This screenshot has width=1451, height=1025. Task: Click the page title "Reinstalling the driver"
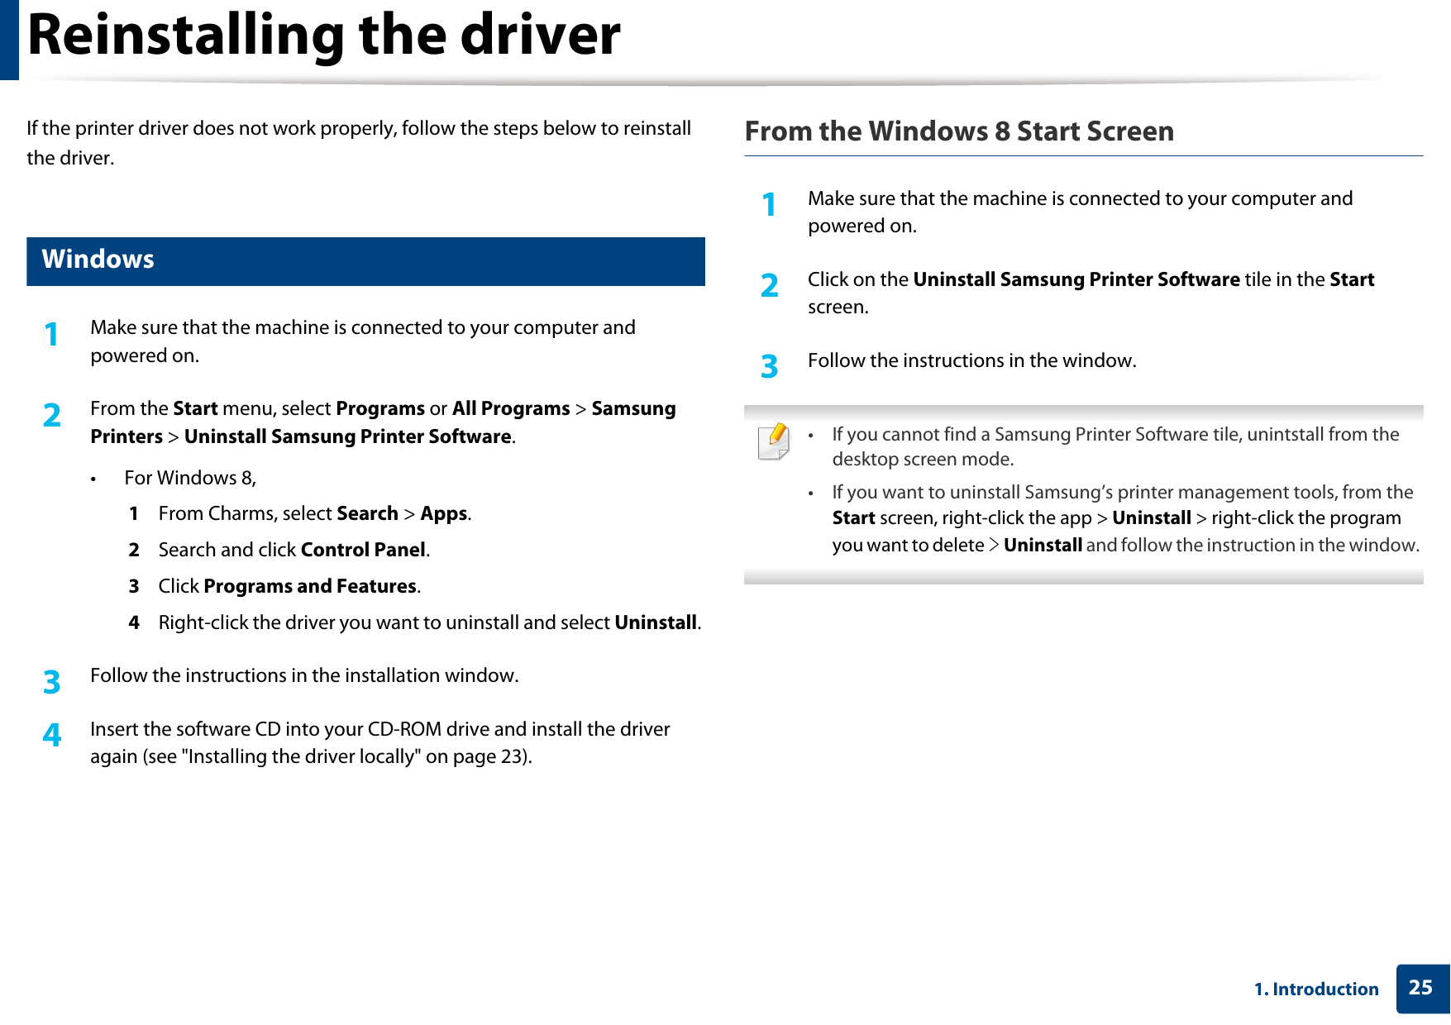coord(323,36)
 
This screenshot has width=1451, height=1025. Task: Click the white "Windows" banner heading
coord(98,260)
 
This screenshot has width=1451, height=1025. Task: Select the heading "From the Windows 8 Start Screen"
coord(959,131)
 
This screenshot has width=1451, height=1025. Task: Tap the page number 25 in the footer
coord(1420,988)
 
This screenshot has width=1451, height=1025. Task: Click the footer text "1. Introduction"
coord(1316,989)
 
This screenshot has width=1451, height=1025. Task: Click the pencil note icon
coord(773,441)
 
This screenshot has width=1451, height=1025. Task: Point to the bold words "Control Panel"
coord(363,551)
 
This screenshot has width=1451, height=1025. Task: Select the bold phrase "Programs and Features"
coord(310,587)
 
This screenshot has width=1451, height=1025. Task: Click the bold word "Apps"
coord(443,514)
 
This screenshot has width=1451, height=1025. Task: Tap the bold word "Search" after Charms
coord(367,514)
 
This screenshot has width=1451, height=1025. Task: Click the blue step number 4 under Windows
coord(52,735)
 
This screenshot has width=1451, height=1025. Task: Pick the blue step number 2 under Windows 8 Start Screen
coord(770,286)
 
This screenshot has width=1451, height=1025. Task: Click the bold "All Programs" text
coord(511,409)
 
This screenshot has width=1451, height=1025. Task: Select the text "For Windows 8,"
coord(190,479)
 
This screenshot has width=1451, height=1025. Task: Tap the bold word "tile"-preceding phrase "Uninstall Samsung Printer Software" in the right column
coord(1076,280)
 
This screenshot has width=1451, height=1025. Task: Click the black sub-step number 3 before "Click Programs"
coord(134,587)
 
